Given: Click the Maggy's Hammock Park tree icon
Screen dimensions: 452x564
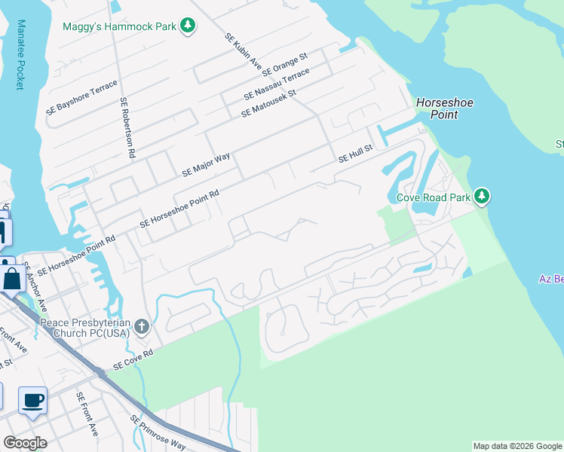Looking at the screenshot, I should point(188,27).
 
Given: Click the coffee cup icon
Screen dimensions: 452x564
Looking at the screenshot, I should point(32,400).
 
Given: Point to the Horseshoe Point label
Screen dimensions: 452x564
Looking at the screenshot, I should point(437,108).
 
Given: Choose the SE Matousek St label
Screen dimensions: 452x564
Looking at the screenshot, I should point(269,104).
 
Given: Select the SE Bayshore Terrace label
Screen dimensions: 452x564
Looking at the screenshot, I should point(81,96).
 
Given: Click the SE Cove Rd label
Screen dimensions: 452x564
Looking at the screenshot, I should point(133,359).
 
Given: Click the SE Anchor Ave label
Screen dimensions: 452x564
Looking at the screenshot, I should point(35,287).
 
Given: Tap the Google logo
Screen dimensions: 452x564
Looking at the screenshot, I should point(25,442).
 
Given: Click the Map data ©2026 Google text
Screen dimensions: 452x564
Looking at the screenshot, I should point(516,446).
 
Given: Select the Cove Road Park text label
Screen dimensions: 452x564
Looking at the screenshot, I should point(433,198).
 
